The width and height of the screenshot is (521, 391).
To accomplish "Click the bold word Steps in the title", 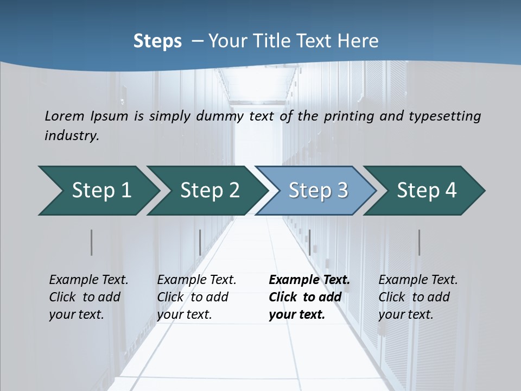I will pyautogui.click(x=157, y=41).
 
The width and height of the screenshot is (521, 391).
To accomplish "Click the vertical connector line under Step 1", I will pyautogui.click(x=92, y=242).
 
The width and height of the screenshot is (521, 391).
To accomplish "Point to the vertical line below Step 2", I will pyautogui.click(x=200, y=242).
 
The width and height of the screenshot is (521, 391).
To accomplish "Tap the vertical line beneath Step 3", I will pyautogui.click(x=309, y=242).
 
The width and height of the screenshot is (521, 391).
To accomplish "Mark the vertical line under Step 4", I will pyautogui.click(x=419, y=242).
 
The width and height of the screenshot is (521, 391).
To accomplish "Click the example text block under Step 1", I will pyautogui.click(x=88, y=297).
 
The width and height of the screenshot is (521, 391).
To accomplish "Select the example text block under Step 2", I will pyautogui.click(x=196, y=297).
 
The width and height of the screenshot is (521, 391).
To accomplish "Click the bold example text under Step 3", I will pyautogui.click(x=309, y=297).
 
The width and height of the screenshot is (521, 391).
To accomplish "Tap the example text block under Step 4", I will pyautogui.click(x=418, y=297).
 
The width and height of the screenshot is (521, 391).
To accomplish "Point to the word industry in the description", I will pyautogui.click(x=71, y=136).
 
